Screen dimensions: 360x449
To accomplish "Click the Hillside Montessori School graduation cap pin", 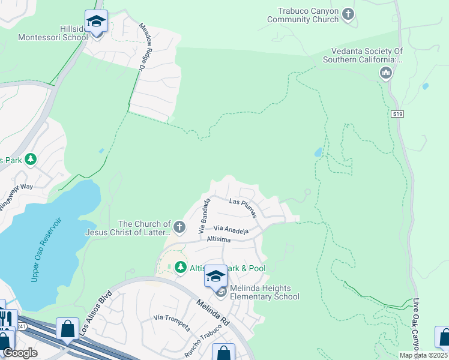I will (96, 22).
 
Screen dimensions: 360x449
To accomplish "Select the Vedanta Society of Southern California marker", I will (385, 73).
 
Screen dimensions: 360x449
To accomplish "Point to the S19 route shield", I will (397, 113).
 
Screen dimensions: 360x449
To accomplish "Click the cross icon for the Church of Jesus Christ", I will (179, 227).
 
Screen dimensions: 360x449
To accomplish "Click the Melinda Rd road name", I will (212, 311).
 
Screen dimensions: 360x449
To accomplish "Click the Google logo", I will (19, 353).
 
